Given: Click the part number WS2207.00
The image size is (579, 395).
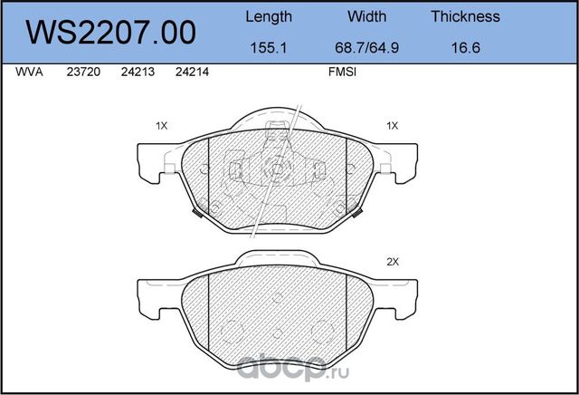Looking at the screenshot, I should pyautogui.click(x=113, y=33).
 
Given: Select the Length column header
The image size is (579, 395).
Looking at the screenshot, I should pyautogui.click(x=269, y=16).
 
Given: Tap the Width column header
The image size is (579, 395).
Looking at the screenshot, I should pyautogui.click(x=366, y=16).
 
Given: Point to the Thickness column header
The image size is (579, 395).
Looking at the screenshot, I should pyautogui.click(x=465, y=16).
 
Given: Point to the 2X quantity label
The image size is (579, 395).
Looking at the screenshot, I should pyautogui.click(x=392, y=262).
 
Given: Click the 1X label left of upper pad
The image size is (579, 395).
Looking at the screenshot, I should pyautogui.click(x=161, y=126).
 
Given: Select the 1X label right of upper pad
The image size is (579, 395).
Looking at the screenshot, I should pyautogui.click(x=392, y=126).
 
